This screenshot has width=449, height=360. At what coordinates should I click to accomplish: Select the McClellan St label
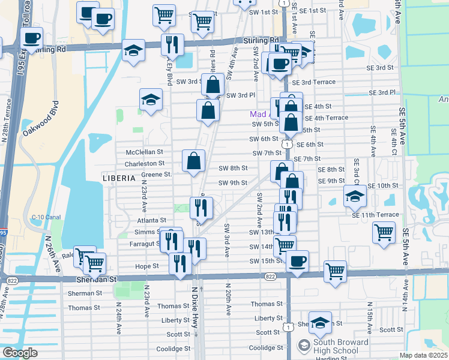pyautogui.click(x=145, y=152)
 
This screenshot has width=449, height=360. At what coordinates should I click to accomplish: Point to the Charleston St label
pyautogui.click(x=144, y=163)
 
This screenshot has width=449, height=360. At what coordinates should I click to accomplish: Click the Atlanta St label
pyautogui.click(x=155, y=220)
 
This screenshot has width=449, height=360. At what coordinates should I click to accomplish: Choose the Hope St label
pyautogui.click(x=147, y=266)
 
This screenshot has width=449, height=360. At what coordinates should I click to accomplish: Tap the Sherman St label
pyautogui.click(x=85, y=293)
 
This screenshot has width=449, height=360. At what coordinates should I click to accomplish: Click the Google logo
pyautogui.click(x=20, y=353)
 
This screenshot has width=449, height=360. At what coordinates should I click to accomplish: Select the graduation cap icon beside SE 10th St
pyautogui.click(x=355, y=196)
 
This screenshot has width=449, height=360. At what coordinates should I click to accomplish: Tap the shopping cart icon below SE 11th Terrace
pyautogui.click(x=384, y=232)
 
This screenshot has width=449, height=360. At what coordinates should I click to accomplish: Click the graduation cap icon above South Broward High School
pyautogui.click(x=320, y=322)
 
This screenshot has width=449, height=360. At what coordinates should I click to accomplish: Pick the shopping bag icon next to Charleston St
pyautogui.click(x=194, y=161)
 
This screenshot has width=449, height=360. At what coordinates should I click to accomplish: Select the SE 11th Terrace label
pyautogui.click(x=375, y=214)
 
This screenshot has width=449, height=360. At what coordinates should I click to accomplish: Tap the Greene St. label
pyautogui.click(x=157, y=175)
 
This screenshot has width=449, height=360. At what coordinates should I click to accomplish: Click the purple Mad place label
pyautogui.click(x=259, y=113)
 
